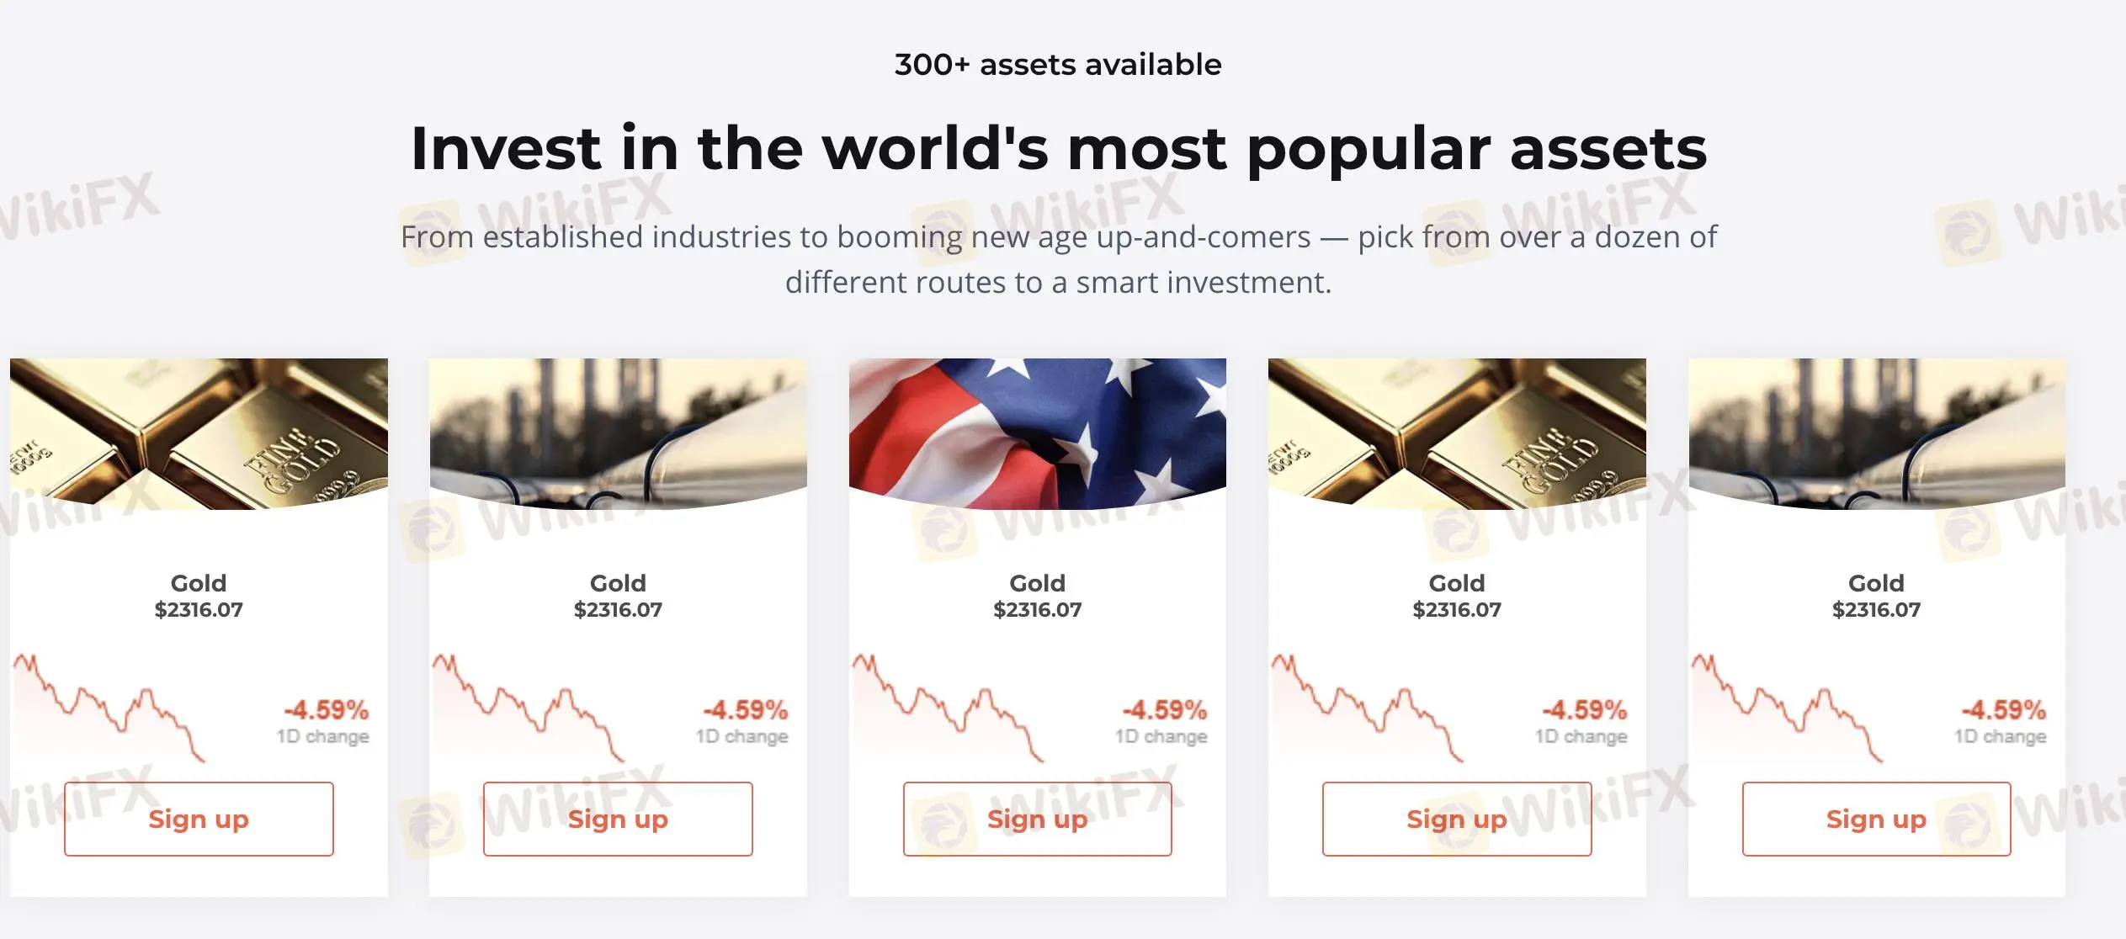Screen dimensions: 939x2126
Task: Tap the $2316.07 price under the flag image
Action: pos(1037,610)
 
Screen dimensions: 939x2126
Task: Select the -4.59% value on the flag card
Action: pos(1164,710)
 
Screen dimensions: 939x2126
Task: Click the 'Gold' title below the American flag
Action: pos(1037,583)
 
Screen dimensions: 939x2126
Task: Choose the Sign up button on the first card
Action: pos(199,819)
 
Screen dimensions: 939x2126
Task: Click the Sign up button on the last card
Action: pos(1876,819)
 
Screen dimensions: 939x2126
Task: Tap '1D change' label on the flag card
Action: pos(1161,736)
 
